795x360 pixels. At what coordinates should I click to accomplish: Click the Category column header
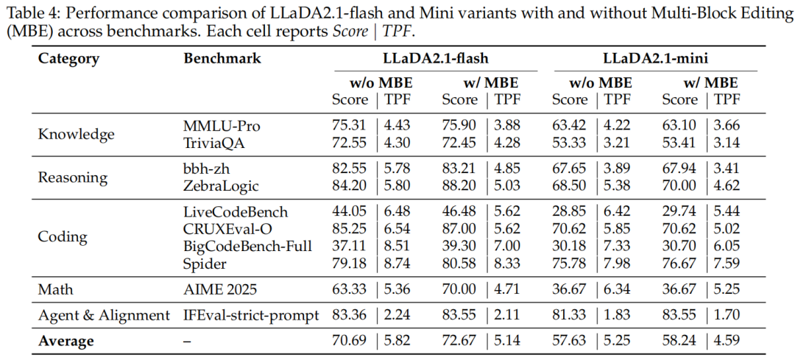[x=68, y=59]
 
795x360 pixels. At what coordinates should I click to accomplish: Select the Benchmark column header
[x=222, y=58]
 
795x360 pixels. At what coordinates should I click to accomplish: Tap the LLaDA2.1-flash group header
[x=435, y=58]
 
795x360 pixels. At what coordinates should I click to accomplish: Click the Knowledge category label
[x=77, y=135]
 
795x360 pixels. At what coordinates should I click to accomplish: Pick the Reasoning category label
[x=73, y=178]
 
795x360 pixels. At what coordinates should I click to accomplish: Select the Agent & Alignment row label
[x=104, y=315]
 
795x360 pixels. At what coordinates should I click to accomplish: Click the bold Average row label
[x=66, y=342]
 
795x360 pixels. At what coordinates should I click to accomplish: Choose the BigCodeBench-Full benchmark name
[x=248, y=246]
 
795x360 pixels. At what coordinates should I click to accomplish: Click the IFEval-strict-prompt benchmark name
[x=252, y=315]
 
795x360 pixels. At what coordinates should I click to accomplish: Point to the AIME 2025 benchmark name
[x=220, y=289]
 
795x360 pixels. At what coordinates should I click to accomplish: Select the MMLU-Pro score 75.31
[x=350, y=126]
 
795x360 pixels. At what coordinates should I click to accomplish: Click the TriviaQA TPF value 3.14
[x=727, y=144]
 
